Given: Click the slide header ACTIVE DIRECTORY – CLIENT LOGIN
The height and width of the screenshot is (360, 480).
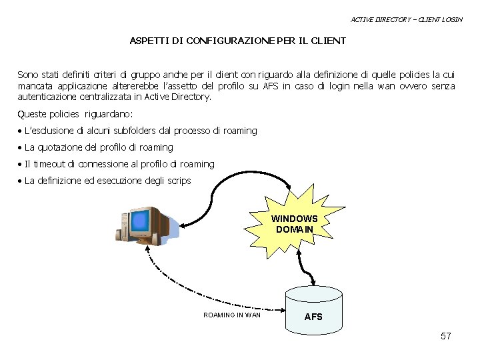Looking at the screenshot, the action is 406,19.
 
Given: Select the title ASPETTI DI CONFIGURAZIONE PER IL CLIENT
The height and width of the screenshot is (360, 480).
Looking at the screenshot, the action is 238,41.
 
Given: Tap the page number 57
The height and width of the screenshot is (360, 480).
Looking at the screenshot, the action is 446,336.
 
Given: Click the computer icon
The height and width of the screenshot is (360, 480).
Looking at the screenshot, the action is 149,225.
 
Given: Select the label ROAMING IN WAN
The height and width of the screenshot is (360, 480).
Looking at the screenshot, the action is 232,315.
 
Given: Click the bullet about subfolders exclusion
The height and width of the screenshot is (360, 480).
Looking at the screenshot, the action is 140,131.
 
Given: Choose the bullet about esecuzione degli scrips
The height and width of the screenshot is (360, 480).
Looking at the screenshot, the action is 107,181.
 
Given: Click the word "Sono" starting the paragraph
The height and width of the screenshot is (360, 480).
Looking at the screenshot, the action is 28,75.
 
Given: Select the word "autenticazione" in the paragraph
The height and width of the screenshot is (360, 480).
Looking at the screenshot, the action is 49,97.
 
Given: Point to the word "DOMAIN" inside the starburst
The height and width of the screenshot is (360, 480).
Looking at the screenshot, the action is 294,229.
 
